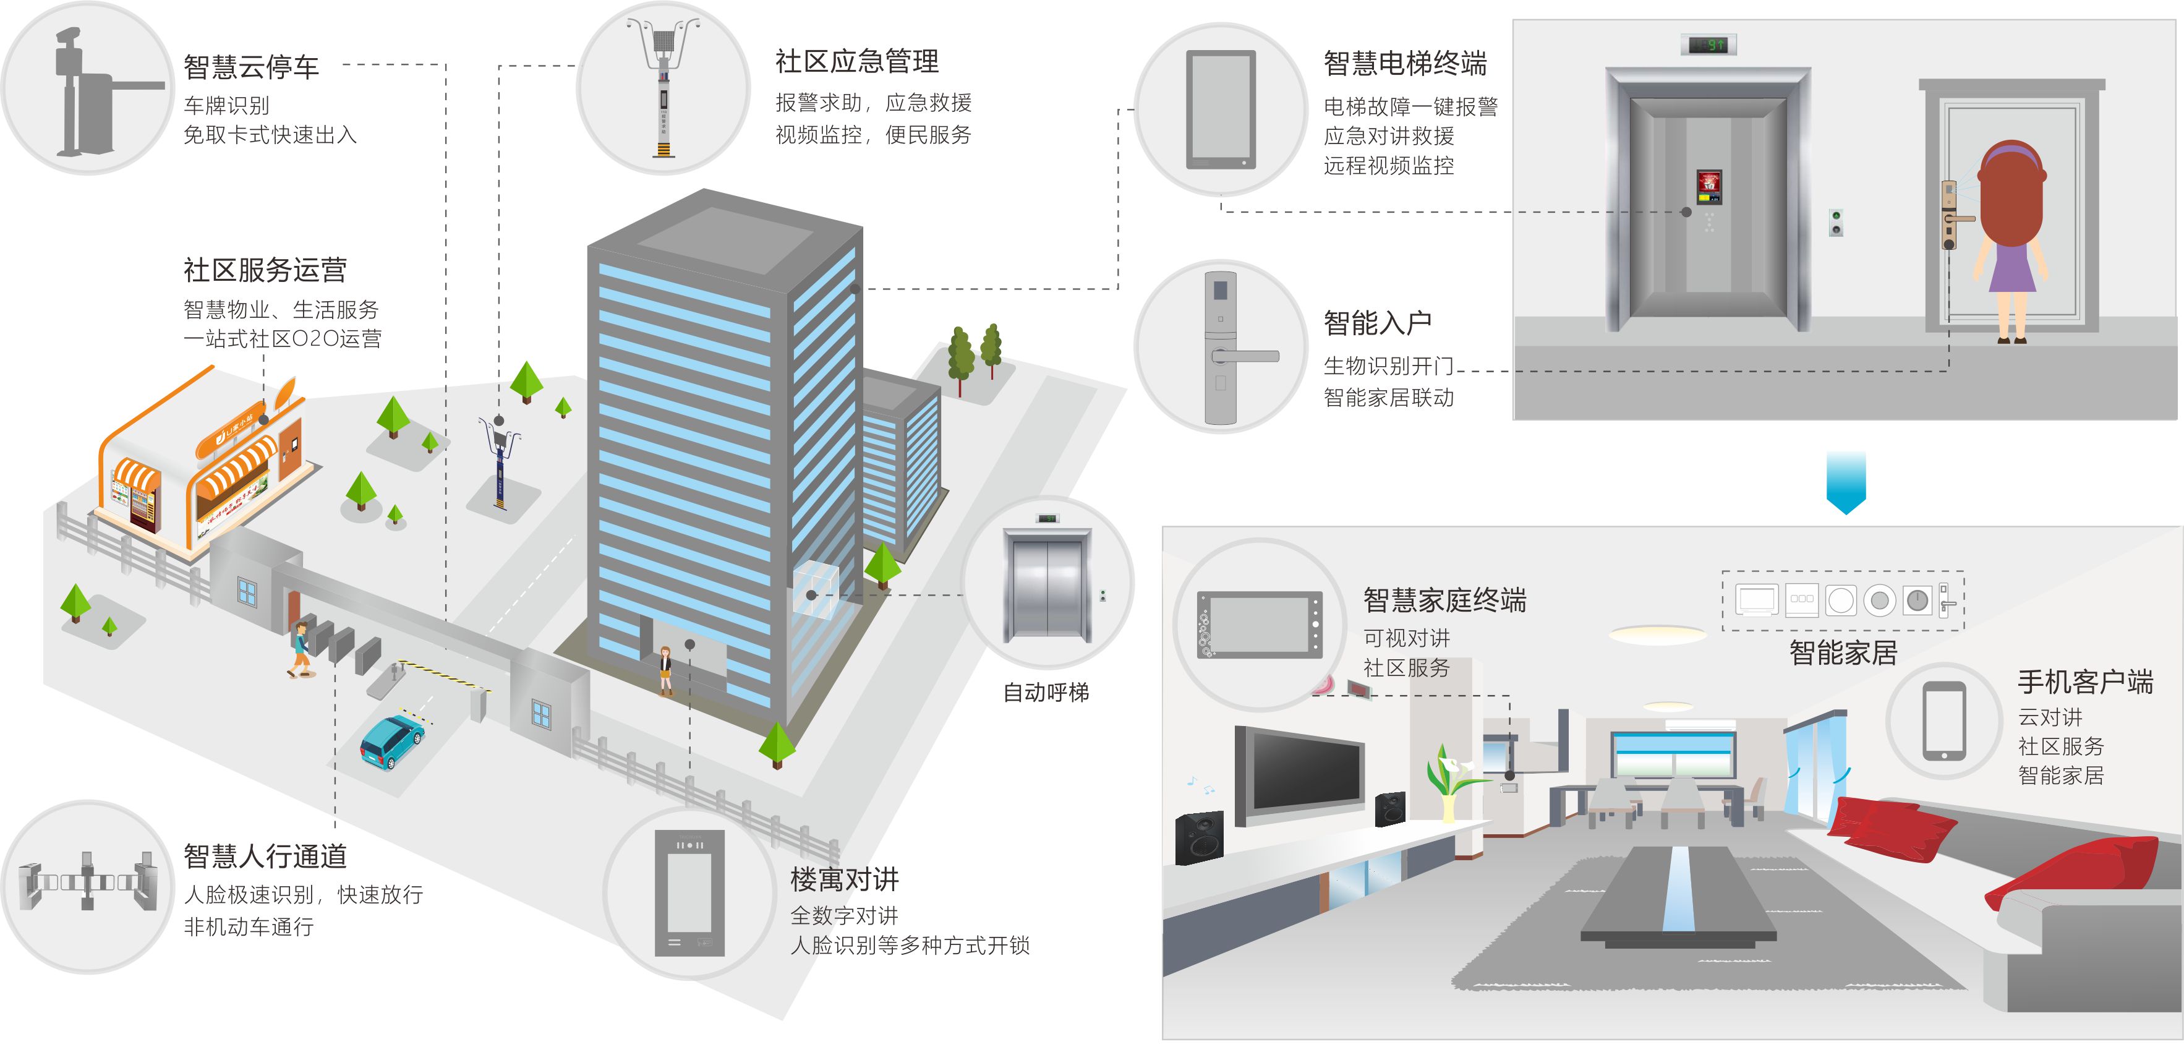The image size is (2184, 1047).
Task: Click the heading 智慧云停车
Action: pyautogui.click(x=251, y=67)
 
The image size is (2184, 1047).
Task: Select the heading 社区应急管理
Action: pyautogui.click(x=856, y=61)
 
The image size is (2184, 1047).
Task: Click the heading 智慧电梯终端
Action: pyautogui.click(x=1405, y=64)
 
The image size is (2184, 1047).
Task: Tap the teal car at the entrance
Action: pyautogui.click(x=391, y=741)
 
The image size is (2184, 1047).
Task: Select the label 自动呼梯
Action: pyautogui.click(x=1046, y=693)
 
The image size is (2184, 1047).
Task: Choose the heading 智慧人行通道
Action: pyautogui.click(x=265, y=857)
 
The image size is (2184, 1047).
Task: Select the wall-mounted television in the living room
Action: pyautogui.click(x=1300, y=774)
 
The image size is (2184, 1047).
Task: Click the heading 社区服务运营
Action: pyautogui.click(x=265, y=270)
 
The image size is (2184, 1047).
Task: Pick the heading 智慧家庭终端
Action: pyautogui.click(x=1444, y=600)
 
